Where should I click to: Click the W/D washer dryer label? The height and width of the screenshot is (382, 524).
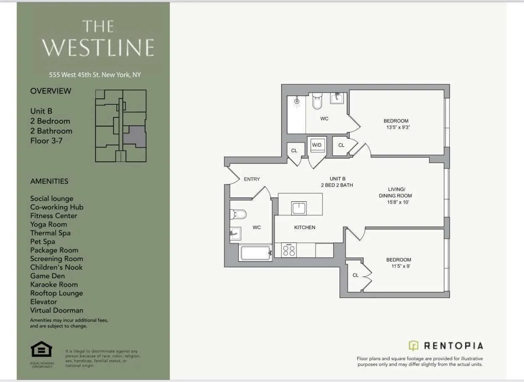click(316, 145)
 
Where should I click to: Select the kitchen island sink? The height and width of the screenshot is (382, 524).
click(299, 208)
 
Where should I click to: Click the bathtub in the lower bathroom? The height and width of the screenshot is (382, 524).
click(255, 253)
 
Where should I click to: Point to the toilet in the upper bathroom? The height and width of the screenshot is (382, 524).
click(317, 101)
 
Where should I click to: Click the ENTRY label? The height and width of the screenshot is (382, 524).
click(252, 179)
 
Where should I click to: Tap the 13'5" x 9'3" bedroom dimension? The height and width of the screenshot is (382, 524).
click(396, 127)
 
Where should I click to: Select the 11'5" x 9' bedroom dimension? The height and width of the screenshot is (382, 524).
click(398, 266)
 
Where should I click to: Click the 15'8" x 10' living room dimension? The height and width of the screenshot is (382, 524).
click(395, 202)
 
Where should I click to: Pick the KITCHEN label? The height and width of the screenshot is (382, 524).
click(305, 227)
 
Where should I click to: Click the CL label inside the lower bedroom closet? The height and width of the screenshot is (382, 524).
click(355, 275)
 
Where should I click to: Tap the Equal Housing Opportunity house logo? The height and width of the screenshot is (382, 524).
click(41, 350)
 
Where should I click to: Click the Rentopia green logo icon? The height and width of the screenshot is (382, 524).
click(413, 346)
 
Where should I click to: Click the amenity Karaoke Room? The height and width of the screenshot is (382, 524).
click(54, 285)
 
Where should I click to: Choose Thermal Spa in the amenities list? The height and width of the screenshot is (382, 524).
click(50, 233)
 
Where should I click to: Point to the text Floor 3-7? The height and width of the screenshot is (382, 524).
click(46, 141)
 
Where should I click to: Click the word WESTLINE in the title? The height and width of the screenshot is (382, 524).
click(98, 47)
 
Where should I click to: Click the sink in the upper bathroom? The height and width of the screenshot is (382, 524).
click(337, 98)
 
